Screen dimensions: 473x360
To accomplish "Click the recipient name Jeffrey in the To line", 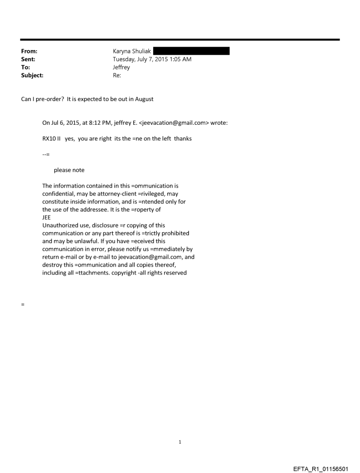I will point(121,67).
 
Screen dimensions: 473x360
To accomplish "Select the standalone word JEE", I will point(47,217).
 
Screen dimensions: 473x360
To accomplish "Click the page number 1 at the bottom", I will point(180,442).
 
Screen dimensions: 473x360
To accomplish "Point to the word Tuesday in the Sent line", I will point(125,60).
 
